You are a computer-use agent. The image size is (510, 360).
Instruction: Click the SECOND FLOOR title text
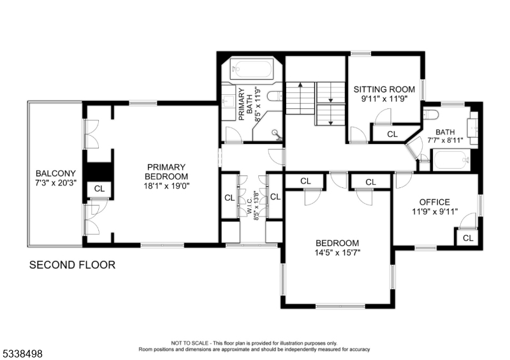tap(73, 264)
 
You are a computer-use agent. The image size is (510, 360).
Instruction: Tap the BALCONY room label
tap(55, 173)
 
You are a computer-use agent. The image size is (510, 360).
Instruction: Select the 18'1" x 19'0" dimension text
tap(166, 186)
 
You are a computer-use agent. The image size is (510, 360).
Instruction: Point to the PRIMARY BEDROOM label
tap(166, 171)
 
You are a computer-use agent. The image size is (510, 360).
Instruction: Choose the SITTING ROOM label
tap(384, 89)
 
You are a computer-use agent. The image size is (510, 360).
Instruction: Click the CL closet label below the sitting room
tap(392, 134)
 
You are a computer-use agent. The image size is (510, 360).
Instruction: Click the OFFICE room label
tap(434, 202)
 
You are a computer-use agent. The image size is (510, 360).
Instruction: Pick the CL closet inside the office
tap(468, 238)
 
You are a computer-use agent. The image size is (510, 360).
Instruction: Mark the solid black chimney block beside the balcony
tap(98, 171)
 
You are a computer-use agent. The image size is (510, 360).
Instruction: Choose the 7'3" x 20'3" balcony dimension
tap(55, 184)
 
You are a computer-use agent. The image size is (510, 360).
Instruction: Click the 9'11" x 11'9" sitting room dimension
tap(384, 99)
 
